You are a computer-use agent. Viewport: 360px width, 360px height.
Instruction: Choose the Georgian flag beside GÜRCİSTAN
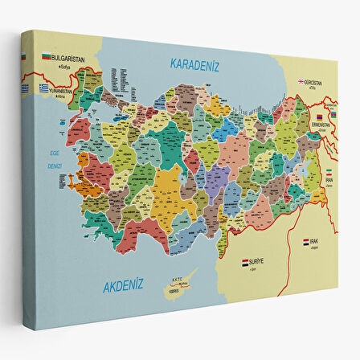pos(300,81)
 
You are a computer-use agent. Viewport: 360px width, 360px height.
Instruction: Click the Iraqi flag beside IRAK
pos(306,242)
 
